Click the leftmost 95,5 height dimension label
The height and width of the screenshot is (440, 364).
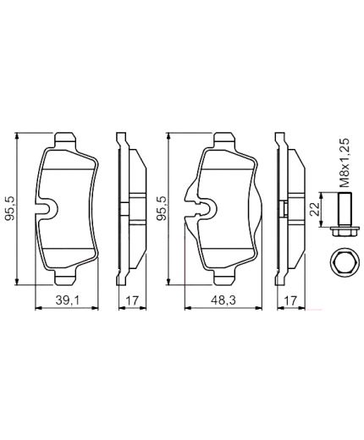pyautogui.click(x=11, y=207)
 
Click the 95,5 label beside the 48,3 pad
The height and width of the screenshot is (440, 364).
pyautogui.click(x=163, y=207)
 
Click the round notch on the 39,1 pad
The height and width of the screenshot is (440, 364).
pyautogui.click(x=49, y=206)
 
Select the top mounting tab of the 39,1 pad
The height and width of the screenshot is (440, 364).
pyautogui.click(x=65, y=140)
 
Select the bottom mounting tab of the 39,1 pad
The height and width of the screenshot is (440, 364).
pyautogui.click(x=65, y=277)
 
